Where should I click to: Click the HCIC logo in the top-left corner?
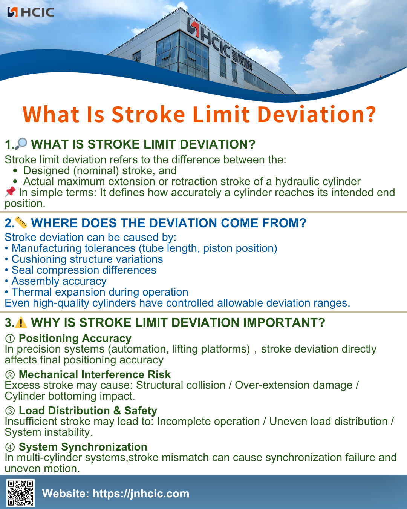click(x=31, y=12)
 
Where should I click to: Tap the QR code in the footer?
click(x=21, y=492)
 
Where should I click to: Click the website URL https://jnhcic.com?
click(x=141, y=494)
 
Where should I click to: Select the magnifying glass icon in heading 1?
click(x=21, y=144)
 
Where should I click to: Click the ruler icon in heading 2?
click(x=21, y=222)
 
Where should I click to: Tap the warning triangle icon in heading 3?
click(x=21, y=323)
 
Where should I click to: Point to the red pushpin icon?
click(x=10, y=192)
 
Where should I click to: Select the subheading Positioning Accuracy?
click(x=75, y=338)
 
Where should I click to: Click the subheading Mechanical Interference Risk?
click(x=95, y=374)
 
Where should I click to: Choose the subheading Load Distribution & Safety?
click(x=88, y=411)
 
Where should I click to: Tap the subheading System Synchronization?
click(x=83, y=447)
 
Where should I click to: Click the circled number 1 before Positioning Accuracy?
click(x=10, y=339)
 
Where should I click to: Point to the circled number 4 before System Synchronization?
click(x=10, y=447)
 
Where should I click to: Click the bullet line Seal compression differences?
click(x=84, y=270)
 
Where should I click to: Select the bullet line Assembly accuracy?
click(x=59, y=281)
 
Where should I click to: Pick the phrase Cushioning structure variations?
click(x=87, y=259)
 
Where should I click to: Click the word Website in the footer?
click(x=65, y=494)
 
